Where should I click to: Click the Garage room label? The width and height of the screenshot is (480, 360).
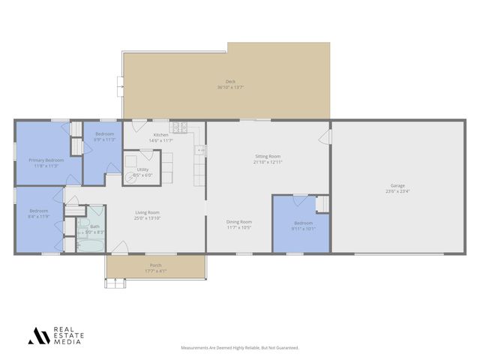tap(397, 185)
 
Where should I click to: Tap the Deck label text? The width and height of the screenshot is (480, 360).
tap(230, 82)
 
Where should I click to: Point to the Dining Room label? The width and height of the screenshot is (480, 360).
tap(239, 221)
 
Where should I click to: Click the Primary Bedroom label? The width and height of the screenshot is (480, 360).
tap(46, 160)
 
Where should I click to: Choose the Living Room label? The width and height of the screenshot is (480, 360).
tap(147, 212)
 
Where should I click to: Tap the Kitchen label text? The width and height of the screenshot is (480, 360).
tap(161, 135)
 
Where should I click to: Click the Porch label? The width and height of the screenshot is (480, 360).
tap(155, 265)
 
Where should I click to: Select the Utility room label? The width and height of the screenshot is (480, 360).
tap(142, 169)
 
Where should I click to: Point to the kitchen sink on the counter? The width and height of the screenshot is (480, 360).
tap(200, 150)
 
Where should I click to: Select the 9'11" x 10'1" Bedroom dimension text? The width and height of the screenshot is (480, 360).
tap(303, 229)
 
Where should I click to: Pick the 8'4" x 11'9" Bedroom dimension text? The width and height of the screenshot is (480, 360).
tap(38, 217)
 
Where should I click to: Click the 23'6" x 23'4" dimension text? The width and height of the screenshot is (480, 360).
tap(397, 190)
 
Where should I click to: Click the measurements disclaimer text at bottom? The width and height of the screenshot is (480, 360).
tap(240, 348)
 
